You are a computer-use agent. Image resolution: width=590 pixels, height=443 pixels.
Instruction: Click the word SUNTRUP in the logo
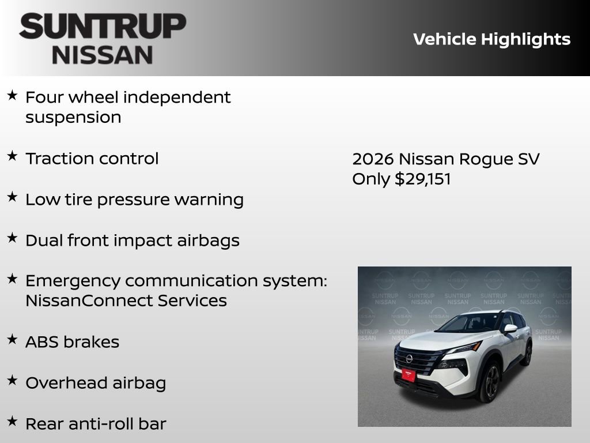(103, 27)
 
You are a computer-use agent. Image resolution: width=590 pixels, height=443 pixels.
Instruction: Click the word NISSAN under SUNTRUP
(103, 55)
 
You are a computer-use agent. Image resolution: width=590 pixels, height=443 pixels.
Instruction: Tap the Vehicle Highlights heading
(491, 39)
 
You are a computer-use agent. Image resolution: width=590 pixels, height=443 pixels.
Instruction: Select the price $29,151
(423, 179)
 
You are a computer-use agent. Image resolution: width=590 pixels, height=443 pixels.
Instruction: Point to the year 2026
(373, 159)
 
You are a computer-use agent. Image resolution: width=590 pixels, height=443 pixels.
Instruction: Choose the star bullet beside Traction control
(12, 156)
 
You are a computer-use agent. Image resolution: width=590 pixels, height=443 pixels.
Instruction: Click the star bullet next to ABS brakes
(12, 340)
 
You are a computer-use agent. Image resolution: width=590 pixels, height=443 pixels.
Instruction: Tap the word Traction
(57, 159)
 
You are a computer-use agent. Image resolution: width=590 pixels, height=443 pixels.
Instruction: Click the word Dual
(43, 241)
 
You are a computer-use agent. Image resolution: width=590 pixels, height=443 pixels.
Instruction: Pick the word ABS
(42, 342)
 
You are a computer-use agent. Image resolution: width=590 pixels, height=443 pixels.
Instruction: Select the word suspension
(73, 118)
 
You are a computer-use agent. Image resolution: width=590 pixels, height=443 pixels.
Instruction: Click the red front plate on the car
(409, 376)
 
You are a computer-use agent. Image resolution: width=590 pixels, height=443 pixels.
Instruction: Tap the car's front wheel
(489, 382)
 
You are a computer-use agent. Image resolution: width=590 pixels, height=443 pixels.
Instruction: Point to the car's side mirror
(510, 329)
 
